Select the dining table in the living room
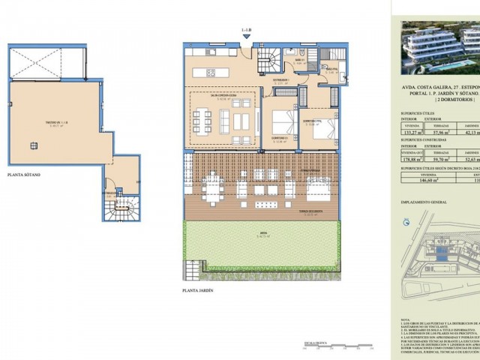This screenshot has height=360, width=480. (x=205, y=119)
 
